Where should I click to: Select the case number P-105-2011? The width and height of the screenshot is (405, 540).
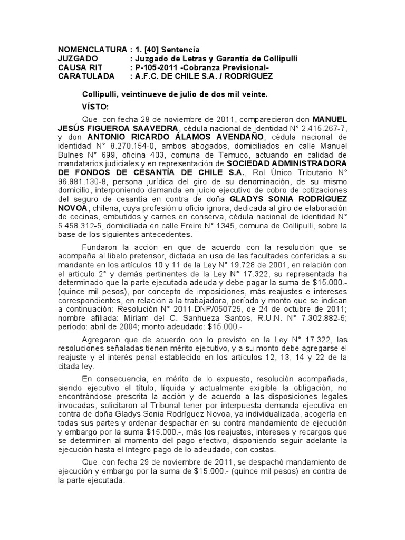point(157,67)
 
